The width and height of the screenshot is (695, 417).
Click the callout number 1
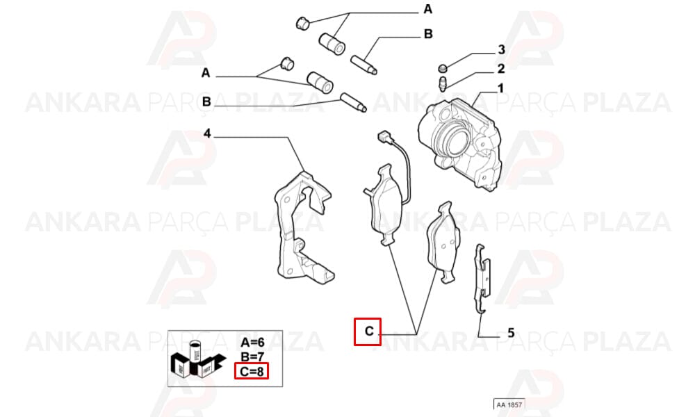[x=500, y=89]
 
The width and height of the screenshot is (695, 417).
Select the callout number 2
[x=501, y=69]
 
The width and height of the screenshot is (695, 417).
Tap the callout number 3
[x=501, y=49]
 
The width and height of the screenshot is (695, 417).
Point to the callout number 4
[x=207, y=133]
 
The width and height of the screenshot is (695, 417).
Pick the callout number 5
[x=511, y=332]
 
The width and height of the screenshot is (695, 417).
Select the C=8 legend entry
[x=252, y=371]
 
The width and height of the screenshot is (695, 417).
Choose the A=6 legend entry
[x=253, y=342]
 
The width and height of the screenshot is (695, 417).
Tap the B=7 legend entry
[x=253, y=357]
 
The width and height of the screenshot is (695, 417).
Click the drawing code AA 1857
[x=509, y=404]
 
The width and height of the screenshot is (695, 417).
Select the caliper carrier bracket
[x=302, y=227]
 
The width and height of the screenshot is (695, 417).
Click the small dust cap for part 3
[x=443, y=68]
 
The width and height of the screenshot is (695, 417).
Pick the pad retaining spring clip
[x=482, y=278]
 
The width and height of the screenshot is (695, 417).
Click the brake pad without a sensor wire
[x=443, y=242]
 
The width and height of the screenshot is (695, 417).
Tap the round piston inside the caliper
[x=456, y=141]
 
